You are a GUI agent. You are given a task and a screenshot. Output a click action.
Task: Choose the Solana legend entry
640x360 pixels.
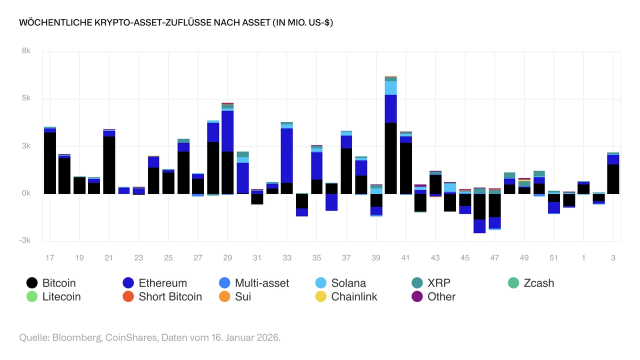point(341,283)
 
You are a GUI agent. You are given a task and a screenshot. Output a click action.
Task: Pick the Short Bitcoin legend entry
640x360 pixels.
point(162,296)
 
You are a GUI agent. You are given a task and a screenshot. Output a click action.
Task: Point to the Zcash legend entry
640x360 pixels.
point(530,283)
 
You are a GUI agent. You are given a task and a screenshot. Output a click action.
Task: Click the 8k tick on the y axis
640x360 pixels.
point(25,51)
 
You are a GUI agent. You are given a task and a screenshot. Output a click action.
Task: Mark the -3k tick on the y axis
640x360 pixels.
point(24,240)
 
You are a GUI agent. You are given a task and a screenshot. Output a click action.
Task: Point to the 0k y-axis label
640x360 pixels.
point(25,193)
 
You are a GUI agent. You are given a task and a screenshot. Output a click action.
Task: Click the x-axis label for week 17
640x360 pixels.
point(49,258)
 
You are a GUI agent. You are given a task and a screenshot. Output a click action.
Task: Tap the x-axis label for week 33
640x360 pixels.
point(287,258)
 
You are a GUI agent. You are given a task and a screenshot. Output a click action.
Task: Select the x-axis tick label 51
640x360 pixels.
point(554,258)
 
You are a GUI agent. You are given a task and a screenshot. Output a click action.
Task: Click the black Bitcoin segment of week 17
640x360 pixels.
point(50,163)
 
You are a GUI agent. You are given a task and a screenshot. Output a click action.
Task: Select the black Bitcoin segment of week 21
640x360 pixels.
point(109,165)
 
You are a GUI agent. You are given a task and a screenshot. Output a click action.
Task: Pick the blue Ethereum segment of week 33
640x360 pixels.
point(287,155)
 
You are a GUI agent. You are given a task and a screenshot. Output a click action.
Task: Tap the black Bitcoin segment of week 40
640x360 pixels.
point(391,158)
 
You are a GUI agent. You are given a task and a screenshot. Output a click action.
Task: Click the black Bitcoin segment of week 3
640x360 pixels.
point(613,179)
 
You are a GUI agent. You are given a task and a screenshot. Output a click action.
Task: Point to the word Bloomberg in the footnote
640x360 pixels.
point(75,337)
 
